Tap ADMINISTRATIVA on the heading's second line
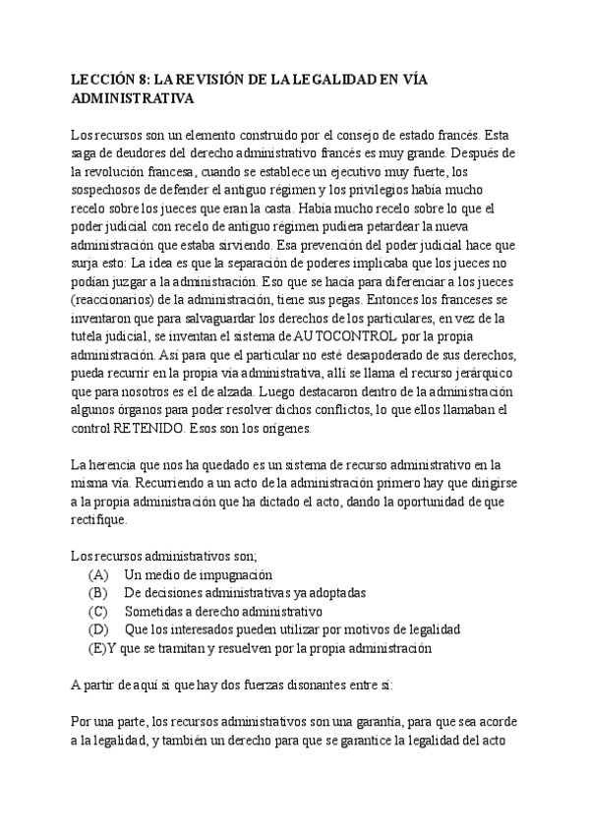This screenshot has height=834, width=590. (134, 98)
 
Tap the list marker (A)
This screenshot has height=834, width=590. (97, 574)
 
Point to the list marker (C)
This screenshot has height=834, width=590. (97, 611)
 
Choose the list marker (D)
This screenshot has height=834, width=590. (97, 629)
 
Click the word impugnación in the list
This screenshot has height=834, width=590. (234, 574)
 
